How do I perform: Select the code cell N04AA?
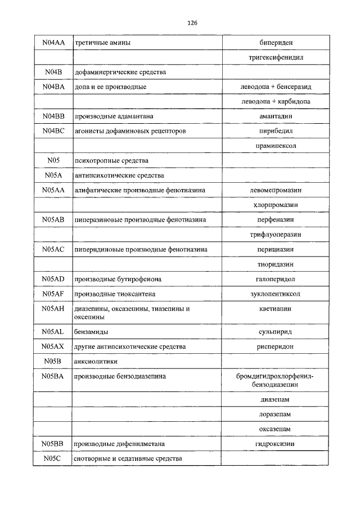[x=54, y=43]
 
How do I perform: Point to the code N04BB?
[x=54, y=116]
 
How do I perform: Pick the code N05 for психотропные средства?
[x=54, y=160]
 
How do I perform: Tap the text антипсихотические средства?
[x=119, y=175]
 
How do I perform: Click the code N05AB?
[x=54, y=219]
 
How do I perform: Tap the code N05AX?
[x=54, y=347]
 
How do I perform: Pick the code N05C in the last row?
[x=54, y=458]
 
